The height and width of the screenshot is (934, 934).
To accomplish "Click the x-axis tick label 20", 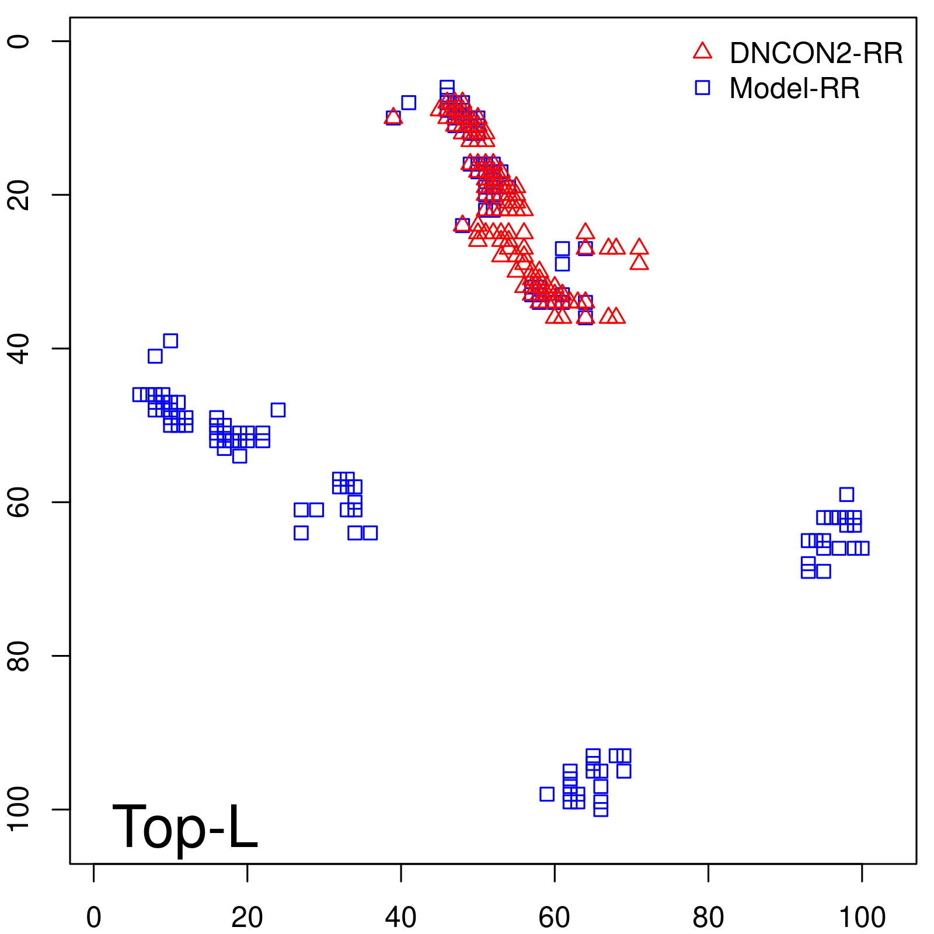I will tap(247, 918).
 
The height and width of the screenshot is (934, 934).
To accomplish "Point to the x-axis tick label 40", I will tap(401, 918).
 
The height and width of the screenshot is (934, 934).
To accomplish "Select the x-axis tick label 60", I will tap(555, 918).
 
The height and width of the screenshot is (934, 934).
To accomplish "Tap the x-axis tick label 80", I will tap(708, 918).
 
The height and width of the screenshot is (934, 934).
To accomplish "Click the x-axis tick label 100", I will tap(862, 918).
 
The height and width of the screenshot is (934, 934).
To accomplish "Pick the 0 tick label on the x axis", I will tap(93, 918).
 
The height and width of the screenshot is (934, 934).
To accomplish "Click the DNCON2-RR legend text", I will tap(816, 54).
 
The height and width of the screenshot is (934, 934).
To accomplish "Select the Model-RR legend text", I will tap(794, 89).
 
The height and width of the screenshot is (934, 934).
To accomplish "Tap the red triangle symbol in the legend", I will tap(702, 51).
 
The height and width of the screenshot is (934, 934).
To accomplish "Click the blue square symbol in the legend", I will tap(702, 88).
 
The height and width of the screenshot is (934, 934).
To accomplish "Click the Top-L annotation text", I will tap(184, 827).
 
